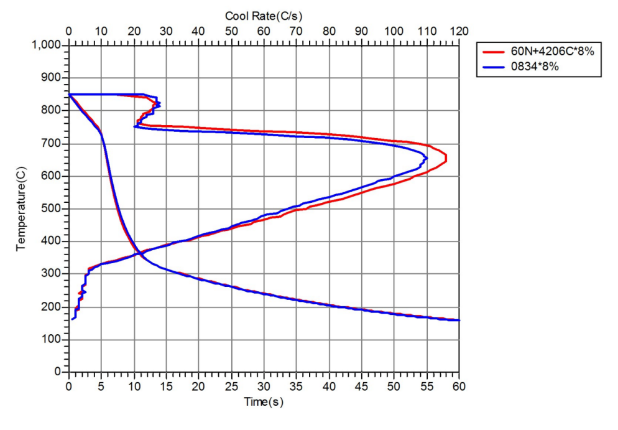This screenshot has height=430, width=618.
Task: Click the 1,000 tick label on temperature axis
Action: [x=46, y=45]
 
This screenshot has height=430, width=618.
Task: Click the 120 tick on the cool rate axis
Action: [x=459, y=31]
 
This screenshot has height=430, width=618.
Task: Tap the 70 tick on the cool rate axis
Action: [x=296, y=31]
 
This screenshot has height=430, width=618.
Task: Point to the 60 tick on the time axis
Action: [x=459, y=386]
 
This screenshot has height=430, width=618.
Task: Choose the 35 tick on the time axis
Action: [x=296, y=386]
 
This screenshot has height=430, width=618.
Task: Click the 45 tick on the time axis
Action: [x=361, y=386]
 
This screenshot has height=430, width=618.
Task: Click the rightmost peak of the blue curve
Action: [x=427, y=158]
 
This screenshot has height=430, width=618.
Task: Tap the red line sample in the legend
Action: [x=495, y=52]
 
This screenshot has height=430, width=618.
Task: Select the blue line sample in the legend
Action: [x=495, y=67]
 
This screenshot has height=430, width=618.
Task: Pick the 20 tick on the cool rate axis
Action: [x=134, y=31]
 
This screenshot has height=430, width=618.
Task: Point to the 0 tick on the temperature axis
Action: [x=57, y=372]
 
